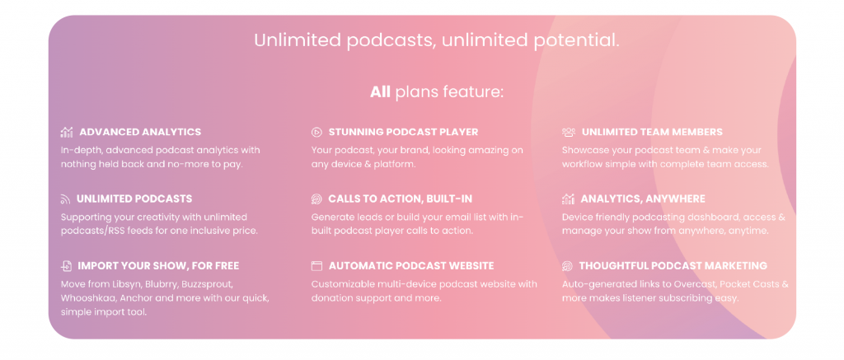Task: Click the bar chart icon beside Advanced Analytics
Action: pyautogui.click(x=67, y=133)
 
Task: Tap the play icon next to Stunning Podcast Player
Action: pyautogui.click(x=316, y=133)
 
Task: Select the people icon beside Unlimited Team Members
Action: pyautogui.click(x=569, y=133)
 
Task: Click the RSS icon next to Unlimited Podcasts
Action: pyautogui.click(x=66, y=199)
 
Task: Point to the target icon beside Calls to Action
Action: pyautogui.click(x=316, y=199)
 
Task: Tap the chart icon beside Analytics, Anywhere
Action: pyautogui.click(x=568, y=199)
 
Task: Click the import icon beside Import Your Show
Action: pyautogui.click(x=66, y=266)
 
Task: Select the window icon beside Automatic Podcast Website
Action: pyautogui.click(x=316, y=266)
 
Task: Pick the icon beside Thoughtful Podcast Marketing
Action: pyautogui.click(x=567, y=266)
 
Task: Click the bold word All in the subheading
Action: pyautogui.click(x=380, y=92)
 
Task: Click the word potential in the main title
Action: pyautogui.click(x=576, y=41)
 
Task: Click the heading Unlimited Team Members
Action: pyautogui.click(x=653, y=133)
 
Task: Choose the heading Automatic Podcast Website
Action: pyautogui.click(x=411, y=266)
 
